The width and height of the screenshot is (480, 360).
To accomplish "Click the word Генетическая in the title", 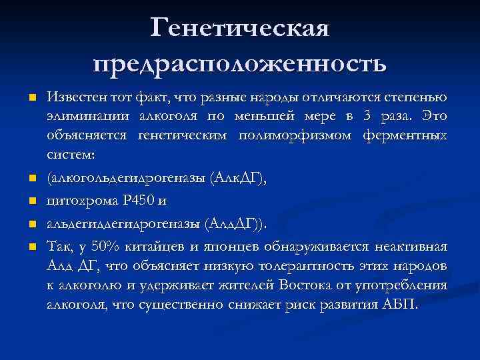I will (x=240, y=27).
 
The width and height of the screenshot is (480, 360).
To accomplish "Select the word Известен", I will (x=74, y=98).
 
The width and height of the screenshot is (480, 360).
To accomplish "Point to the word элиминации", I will (x=81, y=117).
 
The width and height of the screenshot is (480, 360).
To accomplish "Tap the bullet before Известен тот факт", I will (x=32, y=99).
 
